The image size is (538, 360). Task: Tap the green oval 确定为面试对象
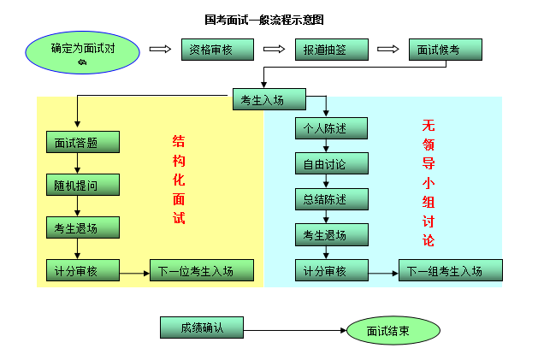point(82,53)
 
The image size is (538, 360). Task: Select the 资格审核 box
point(217,50)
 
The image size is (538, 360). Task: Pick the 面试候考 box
point(445,50)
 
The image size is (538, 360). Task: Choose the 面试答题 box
point(82,142)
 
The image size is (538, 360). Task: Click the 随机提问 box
point(82,185)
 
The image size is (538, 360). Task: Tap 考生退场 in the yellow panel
point(82,227)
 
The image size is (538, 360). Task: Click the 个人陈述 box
point(331,128)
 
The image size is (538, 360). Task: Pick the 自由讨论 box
point(331,163)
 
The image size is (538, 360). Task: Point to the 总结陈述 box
point(331,199)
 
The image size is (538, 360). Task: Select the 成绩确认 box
point(202,327)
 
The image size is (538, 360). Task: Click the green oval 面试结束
point(393,330)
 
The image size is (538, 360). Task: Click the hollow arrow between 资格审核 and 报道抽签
point(274,50)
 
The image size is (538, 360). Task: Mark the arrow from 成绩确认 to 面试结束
point(295,330)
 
